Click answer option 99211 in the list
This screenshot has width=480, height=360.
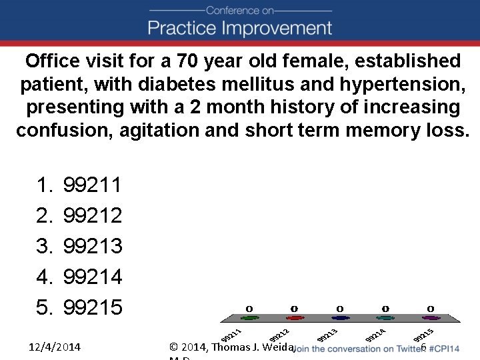coord(92,185)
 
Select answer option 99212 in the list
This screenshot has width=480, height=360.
coord(92,215)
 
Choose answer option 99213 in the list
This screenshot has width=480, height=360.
coord(92,246)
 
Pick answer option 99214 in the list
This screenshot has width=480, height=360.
coord(92,277)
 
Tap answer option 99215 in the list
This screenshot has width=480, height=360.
coord(92,307)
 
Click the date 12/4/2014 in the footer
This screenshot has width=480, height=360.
coord(55,347)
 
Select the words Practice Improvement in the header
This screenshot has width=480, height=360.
coord(239,28)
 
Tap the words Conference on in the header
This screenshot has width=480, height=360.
coord(239,10)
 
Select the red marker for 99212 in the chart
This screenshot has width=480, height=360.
coord(294,318)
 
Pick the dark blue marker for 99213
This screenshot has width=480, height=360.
coord(340,318)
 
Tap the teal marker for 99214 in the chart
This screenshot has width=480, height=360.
coord(385,318)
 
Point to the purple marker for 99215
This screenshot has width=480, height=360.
coord(431,318)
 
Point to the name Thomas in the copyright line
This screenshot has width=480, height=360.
coord(234,347)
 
